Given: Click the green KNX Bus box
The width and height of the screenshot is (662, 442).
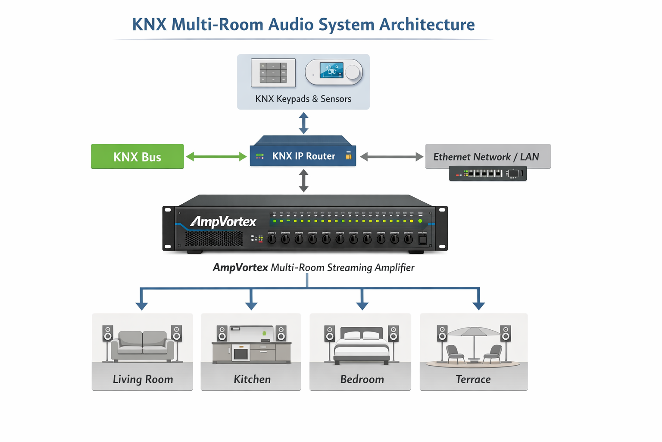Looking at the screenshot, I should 137,156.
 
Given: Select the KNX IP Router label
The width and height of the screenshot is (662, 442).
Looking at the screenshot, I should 303,156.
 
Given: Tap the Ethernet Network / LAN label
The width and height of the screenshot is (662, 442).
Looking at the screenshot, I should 486,157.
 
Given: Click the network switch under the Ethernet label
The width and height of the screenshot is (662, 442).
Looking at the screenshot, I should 487,174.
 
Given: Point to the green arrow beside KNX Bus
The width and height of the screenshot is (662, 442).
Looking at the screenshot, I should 216,157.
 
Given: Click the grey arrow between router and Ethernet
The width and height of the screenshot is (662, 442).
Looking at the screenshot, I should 391,157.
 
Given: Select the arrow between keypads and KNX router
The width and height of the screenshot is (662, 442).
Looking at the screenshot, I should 304,123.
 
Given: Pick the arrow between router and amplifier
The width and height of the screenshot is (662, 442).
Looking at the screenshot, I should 304,180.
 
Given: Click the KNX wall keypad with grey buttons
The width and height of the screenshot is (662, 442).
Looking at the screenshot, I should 273,73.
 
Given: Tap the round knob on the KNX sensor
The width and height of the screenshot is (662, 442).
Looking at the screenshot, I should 352,72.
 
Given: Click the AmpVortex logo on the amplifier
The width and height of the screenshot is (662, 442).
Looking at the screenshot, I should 223,222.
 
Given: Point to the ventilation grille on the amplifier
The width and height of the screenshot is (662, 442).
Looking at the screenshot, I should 214,239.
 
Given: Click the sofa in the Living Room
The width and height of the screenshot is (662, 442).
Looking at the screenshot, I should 142,345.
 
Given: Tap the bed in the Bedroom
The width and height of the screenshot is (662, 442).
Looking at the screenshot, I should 362,345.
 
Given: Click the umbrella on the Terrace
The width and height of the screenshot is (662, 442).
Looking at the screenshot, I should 474,332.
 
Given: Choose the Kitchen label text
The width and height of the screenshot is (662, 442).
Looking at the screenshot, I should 252,379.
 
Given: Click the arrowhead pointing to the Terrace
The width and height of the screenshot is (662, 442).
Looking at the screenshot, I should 478,306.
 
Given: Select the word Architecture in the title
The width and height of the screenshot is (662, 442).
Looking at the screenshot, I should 427,25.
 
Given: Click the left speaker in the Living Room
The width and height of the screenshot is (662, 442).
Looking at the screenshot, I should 108,334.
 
